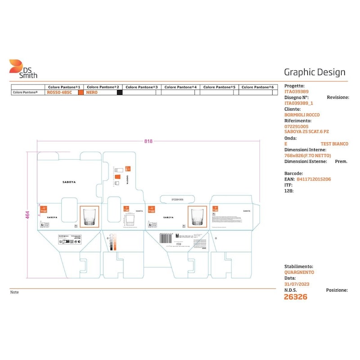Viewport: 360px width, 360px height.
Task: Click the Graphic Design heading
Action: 315,72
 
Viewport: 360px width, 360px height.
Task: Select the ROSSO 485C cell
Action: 59,92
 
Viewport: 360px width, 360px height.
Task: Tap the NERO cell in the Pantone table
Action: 92,92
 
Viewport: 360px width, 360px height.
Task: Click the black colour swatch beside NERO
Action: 120,92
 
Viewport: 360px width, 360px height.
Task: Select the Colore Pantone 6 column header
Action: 257,87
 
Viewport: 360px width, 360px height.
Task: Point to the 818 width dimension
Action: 148,141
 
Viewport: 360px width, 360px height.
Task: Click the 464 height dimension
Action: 27,215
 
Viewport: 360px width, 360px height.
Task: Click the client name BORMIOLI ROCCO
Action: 302,115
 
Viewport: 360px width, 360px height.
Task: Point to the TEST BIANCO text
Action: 334,144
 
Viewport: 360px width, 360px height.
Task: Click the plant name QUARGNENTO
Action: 299,272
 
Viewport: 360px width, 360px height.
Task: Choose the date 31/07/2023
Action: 297,284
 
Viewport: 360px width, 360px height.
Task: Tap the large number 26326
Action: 296,297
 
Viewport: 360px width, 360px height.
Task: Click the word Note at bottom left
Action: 14,292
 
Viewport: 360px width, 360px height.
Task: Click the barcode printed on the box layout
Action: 166,238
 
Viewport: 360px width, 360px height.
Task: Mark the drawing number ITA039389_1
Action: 299,103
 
